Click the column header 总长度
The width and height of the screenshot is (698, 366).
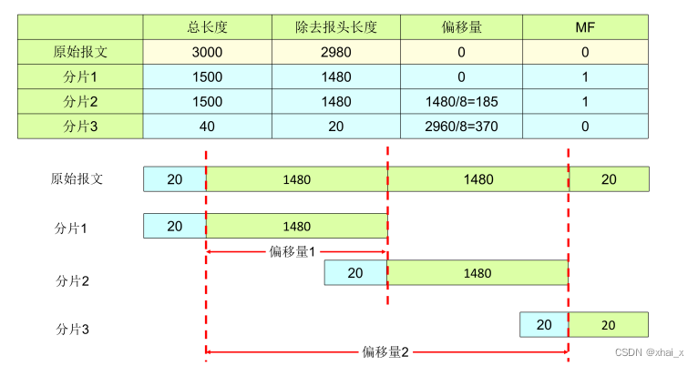pyautogui.click(x=207, y=26)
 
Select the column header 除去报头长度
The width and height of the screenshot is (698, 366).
pyautogui.click(x=334, y=26)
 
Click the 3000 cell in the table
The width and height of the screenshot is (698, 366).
pyautogui.click(x=207, y=52)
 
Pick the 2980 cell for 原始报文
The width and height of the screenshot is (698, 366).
pyautogui.click(x=334, y=52)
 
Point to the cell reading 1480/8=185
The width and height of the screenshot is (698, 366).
pyautogui.click(x=460, y=101)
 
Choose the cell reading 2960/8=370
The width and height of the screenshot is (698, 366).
pyautogui.click(x=460, y=126)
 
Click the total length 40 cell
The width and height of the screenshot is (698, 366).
pyautogui.click(x=207, y=126)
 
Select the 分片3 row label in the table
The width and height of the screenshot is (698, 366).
pyautogui.click(x=80, y=126)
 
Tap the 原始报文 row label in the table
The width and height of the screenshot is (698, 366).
pyautogui.click(x=80, y=52)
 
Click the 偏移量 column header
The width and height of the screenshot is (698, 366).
pyautogui.click(x=460, y=26)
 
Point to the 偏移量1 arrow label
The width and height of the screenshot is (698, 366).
pyautogui.click(x=292, y=251)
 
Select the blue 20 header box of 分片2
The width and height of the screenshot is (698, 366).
pyautogui.click(x=355, y=272)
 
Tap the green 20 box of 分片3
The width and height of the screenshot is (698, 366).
pyautogui.click(x=608, y=324)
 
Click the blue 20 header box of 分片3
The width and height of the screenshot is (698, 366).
pyautogui.click(x=544, y=324)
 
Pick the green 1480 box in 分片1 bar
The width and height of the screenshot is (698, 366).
pyautogui.click(x=297, y=226)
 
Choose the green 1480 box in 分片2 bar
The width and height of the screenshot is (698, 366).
pyautogui.click(x=477, y=272)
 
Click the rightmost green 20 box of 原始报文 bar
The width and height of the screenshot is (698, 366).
pyautogui.click(x=609, y=179)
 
